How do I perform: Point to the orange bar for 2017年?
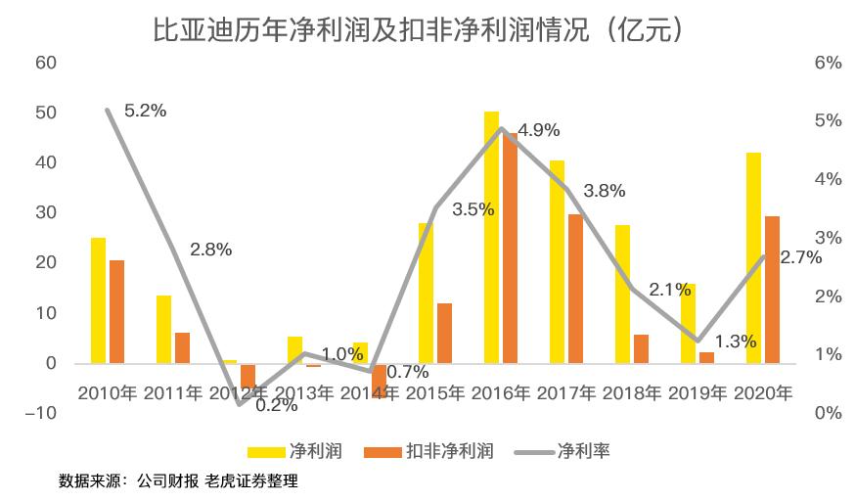click(575, 289)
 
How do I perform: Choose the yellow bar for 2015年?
click(426, 293)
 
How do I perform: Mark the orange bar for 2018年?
click(641, 348)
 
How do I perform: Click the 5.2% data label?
click(146, 111)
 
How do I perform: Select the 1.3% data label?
click(736, 342)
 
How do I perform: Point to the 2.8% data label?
click(211, 250)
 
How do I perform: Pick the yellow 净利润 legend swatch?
click(263, 451)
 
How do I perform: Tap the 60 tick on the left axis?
click(46, 63)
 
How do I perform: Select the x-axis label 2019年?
click(697, 393)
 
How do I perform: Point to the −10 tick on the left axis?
click(43, 413)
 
